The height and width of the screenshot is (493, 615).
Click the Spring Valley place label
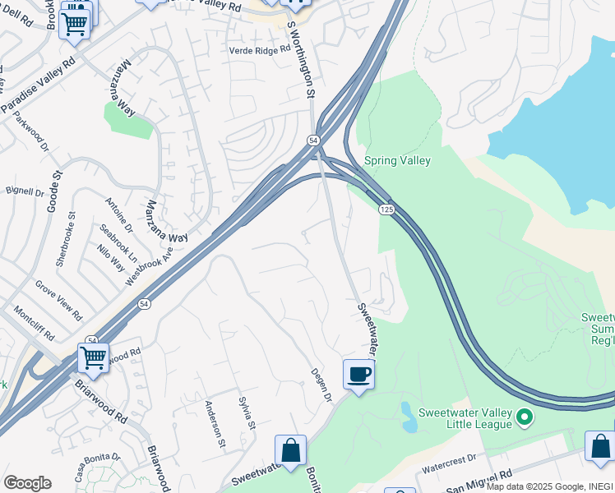(x=397, y=161)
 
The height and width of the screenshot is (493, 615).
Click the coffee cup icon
(x=358, y=375)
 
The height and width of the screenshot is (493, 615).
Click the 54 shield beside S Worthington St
(x=313, y=141)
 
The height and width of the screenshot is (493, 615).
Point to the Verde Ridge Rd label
(x=260, y=50)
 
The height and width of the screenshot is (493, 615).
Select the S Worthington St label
(x=300, y=59)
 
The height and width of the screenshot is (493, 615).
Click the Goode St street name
(x=54, y=188)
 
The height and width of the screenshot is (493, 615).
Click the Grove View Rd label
(x=58, y=301)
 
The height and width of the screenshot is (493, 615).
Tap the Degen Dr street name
(x=320, y=385)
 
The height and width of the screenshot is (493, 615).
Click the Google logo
(x=27, y=483)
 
